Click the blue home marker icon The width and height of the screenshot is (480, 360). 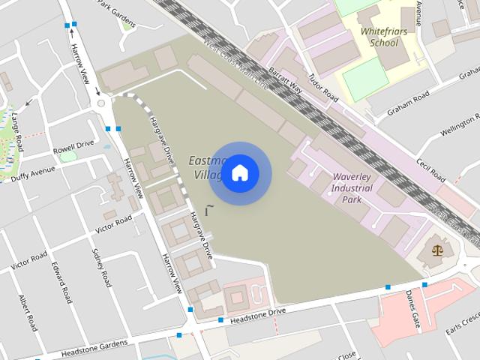tap(240, 173)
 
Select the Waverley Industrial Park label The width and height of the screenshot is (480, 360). tap(352, 188)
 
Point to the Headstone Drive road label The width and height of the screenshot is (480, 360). tap(258, 313)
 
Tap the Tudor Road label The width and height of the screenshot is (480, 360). tap(323, 92)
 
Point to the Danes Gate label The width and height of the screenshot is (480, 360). tap(412, 310)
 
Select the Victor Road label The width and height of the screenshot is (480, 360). tap(113, 223)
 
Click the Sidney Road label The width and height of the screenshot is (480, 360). tap(100, 267)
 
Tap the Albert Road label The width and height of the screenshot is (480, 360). tap(27, 312)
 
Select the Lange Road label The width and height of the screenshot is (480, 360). tap(18, 132)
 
